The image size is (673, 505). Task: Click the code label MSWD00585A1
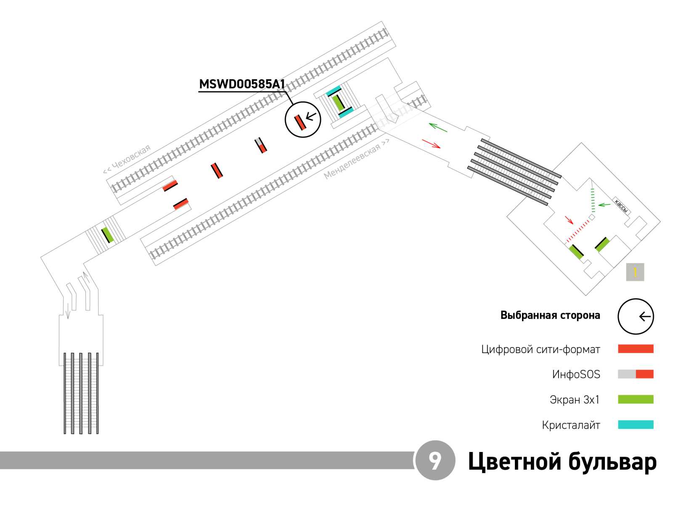[241, 84]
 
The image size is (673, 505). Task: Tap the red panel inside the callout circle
[299, 122]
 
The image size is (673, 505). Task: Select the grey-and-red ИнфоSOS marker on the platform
[261, 145]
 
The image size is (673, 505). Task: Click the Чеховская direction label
[127, 159]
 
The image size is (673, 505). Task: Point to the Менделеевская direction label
[356, 159]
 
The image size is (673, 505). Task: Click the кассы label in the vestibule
[621, 205]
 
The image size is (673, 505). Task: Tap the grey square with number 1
[635, 272]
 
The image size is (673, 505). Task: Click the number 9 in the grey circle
[435, 460]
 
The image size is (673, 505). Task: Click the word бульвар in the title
[612, 462]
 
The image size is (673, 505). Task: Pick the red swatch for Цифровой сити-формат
[635, 348]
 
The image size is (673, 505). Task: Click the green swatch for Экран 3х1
[635, 399]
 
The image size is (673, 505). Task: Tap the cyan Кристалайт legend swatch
[635, 424]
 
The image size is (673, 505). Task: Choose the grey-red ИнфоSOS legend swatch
[635, 374]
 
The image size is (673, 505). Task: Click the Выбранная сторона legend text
[550, 315]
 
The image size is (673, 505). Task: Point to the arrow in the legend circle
[644, 316]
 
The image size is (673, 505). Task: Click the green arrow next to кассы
[604, 204]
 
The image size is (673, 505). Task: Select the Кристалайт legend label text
[571, 425]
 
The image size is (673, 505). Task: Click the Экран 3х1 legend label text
[575, 399]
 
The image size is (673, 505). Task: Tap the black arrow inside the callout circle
[311, 116]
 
